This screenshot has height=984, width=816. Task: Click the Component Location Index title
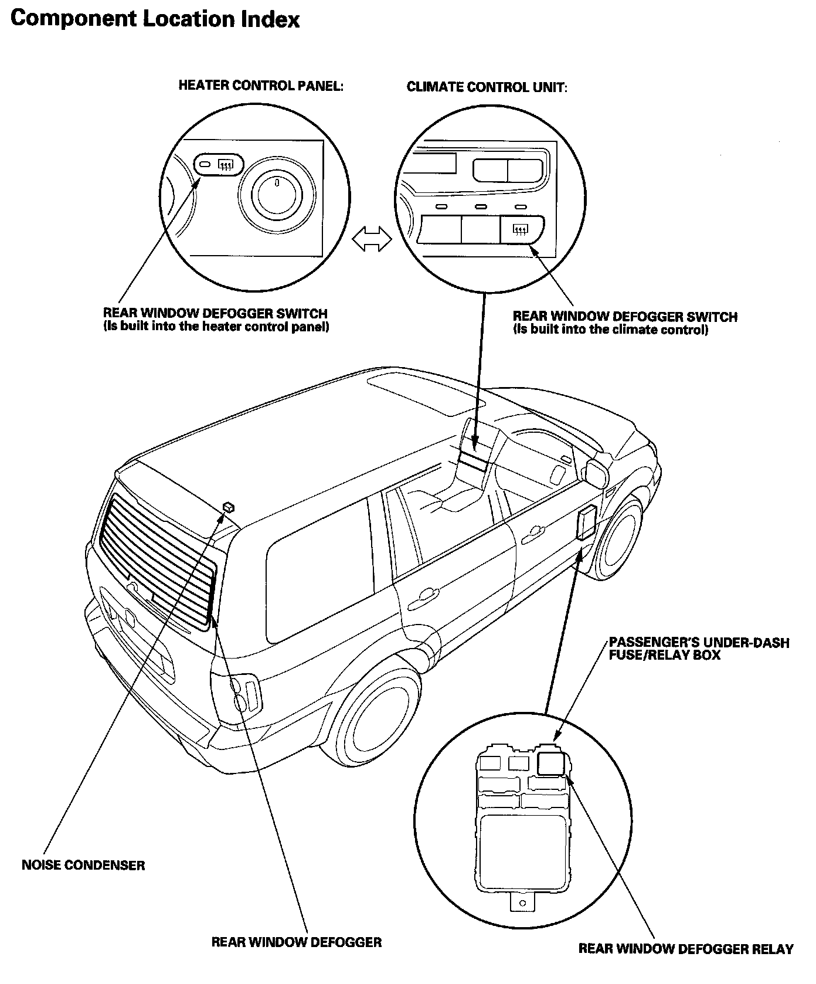tap(155, 19)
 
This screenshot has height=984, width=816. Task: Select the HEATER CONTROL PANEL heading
tap(260, 86)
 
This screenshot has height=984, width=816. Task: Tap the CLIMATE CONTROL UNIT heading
tap(487, 87)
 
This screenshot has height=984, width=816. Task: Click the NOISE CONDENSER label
tap(83, 865)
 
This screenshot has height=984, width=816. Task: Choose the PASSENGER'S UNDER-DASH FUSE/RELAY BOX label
tap(699, 649)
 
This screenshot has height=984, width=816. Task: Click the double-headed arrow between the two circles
tap(372, 239)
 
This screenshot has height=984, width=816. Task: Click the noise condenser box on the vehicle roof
tap(229, 506)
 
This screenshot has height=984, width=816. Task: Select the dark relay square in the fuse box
tap(551, 764)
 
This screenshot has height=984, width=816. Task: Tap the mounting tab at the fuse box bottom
tap(523, 901)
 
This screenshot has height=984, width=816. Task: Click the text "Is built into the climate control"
tap(610, 330)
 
